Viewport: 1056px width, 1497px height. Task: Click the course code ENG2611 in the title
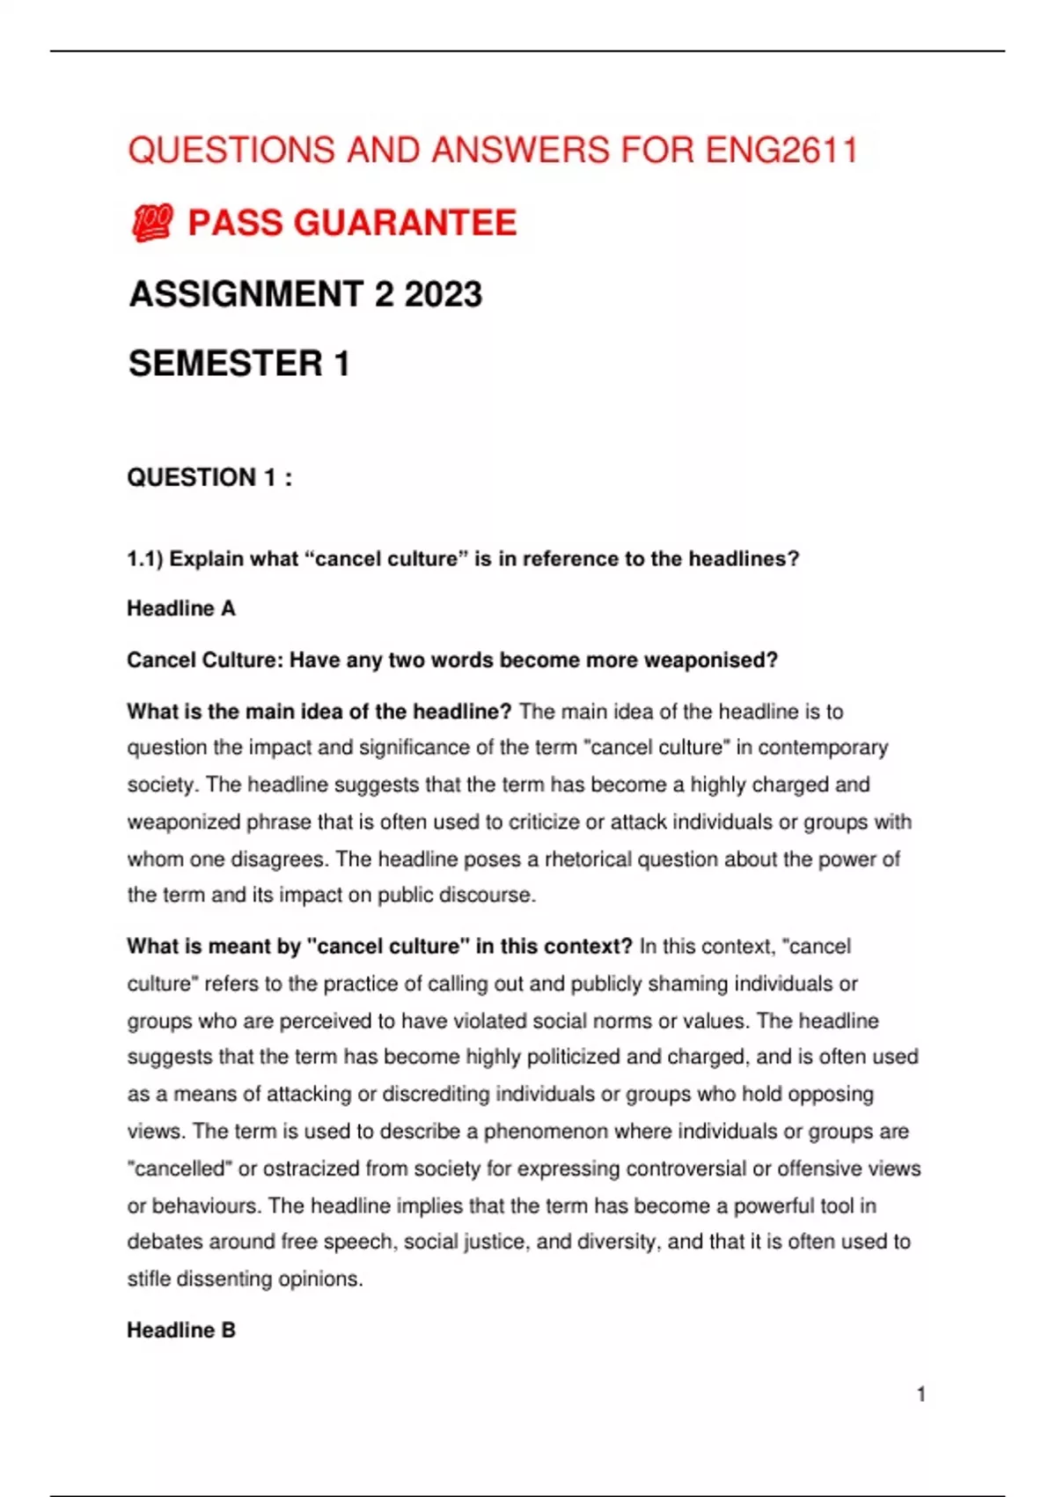[x=781, y=151]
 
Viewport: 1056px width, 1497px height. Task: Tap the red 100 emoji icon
[x=152, y=223]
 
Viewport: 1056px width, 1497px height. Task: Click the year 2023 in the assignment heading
[x=443, y=294]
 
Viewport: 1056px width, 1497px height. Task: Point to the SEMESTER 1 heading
[x=239, y=364]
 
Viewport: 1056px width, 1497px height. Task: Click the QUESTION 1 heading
[x=209, y=477]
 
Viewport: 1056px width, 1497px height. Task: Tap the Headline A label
[x=181, y=608]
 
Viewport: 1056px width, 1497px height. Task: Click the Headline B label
[x=181, y=1330]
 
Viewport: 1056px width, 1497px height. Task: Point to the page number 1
[x=920, y=1394]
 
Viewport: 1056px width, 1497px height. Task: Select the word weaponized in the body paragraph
[x=183, y=822]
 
